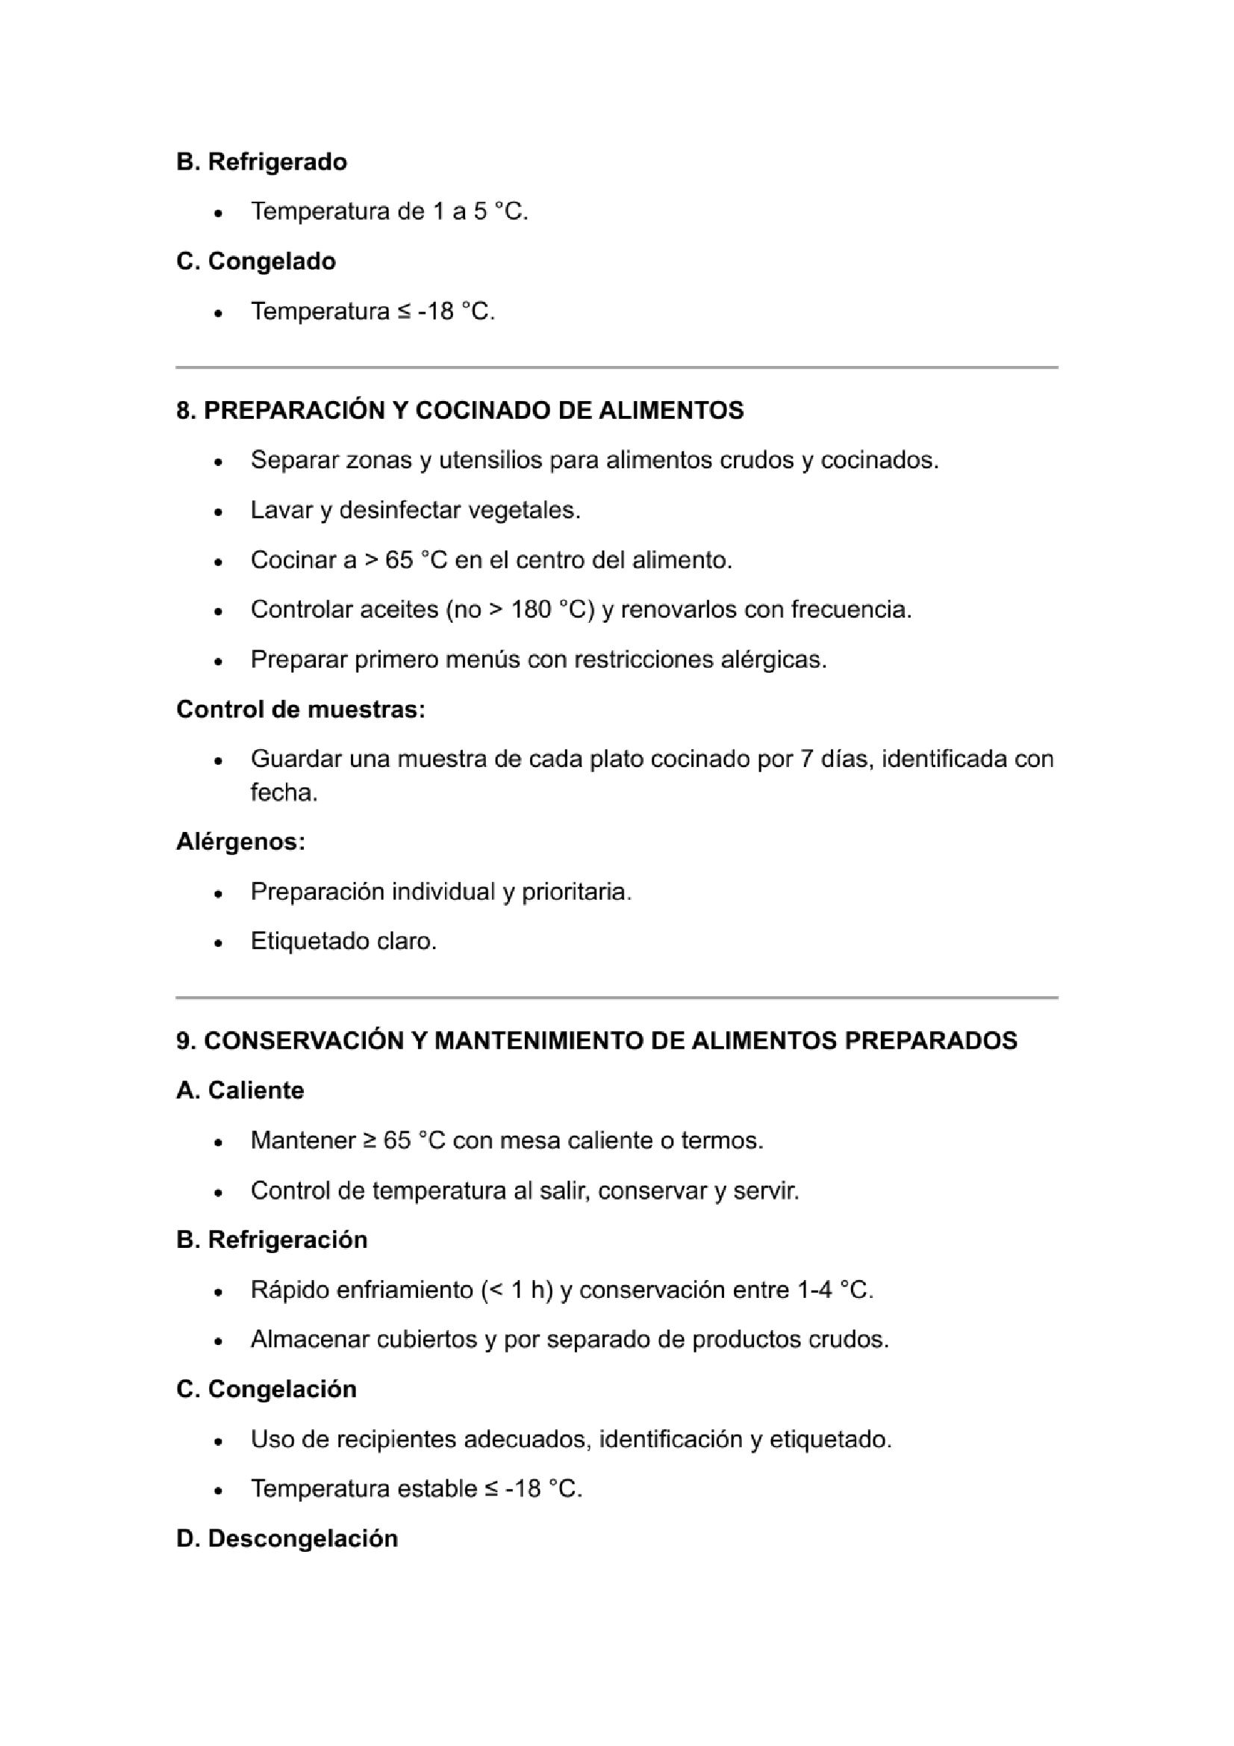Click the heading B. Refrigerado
click(x=261, y=162)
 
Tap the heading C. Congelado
click(x=256, y=261)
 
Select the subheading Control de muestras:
click(x=300, y=709)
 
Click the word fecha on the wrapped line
click(x=284, y=793)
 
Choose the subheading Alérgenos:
click(x=241, y=842)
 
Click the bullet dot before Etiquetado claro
click(x=218, y=943)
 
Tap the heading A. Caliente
click(x=240, y=1090)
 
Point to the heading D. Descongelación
click(x=287, y=1538)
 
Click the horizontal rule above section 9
click(x=617, y=997)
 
